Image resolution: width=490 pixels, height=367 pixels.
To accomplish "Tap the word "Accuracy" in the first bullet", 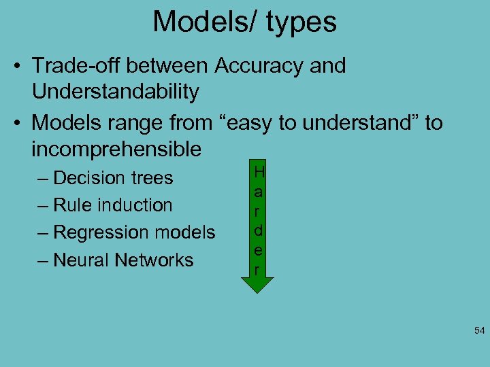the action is [x=253, y=66].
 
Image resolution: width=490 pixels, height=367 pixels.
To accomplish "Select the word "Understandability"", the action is [x=115, y=92].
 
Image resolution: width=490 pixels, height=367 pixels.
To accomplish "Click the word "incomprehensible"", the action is [x=116, y=149].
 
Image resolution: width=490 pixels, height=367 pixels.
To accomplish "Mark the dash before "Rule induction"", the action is [x=43, y=205].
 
